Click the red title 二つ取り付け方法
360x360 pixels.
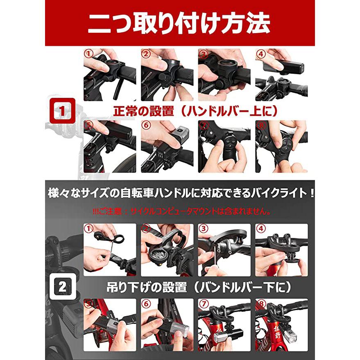pos(179,23)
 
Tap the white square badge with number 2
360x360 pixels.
pos(62,286)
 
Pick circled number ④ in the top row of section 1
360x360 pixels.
pos(261,54)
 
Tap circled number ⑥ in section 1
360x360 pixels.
pos(146,125)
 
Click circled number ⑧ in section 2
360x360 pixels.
pos(261,303)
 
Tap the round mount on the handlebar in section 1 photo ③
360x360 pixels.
pos(224,68)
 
